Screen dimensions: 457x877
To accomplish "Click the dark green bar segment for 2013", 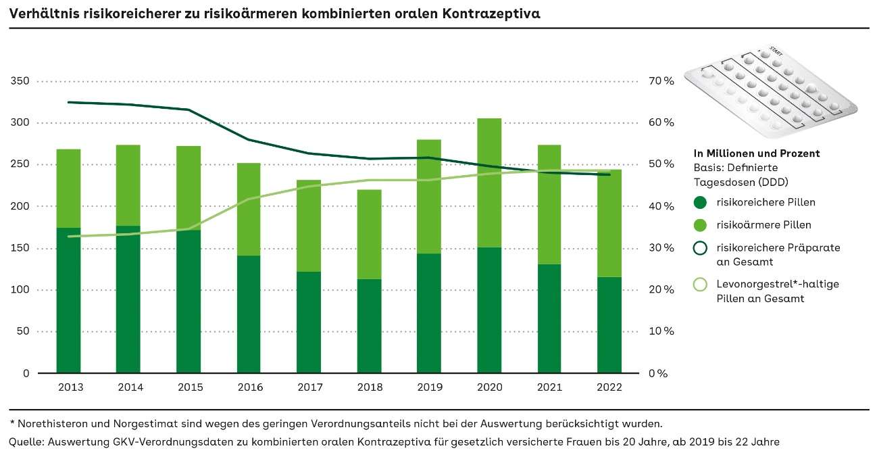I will [69, 300].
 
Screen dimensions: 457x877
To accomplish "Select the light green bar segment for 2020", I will [489, 183].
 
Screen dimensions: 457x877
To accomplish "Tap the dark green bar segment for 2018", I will [369, 326].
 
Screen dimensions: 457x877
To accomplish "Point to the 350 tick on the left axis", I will [22, 81].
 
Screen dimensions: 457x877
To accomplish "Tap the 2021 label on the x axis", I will [549, 387].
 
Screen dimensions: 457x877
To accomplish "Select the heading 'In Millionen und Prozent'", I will [757, 153].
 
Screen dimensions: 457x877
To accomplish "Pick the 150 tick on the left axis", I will [22, 248].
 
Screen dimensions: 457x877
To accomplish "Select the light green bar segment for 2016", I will [249, 209].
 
